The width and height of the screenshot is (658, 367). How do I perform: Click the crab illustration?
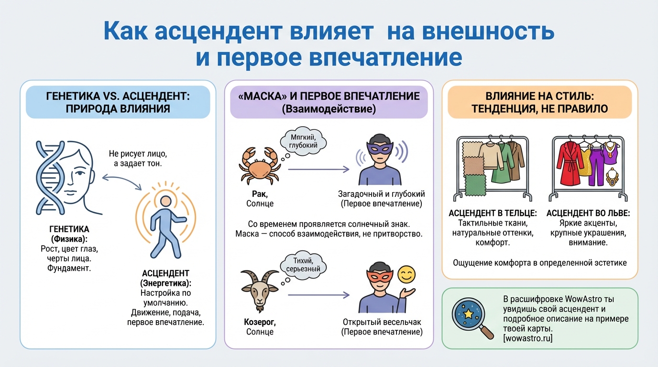(x=259, y=166)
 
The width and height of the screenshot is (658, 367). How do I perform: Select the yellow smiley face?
(x=406, y=275)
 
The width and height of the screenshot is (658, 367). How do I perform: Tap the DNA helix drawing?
(x=50, y=178)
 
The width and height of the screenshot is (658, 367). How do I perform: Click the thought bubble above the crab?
(x=303, y=141)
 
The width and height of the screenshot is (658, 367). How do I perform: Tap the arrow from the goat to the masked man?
(x=318, y=295)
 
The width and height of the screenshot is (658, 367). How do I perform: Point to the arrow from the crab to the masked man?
(x=318, y=169)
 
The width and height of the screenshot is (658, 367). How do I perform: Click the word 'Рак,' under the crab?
(x=260, y=194)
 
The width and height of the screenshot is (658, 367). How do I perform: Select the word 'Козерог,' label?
(x=260, y=322)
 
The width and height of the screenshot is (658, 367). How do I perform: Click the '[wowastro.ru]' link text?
(x=527, y=338)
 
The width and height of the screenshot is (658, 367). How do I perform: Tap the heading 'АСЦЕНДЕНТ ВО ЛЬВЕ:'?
(x=588, y=213)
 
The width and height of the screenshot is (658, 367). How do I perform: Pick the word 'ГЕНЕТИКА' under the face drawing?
(x=69, y=229)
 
